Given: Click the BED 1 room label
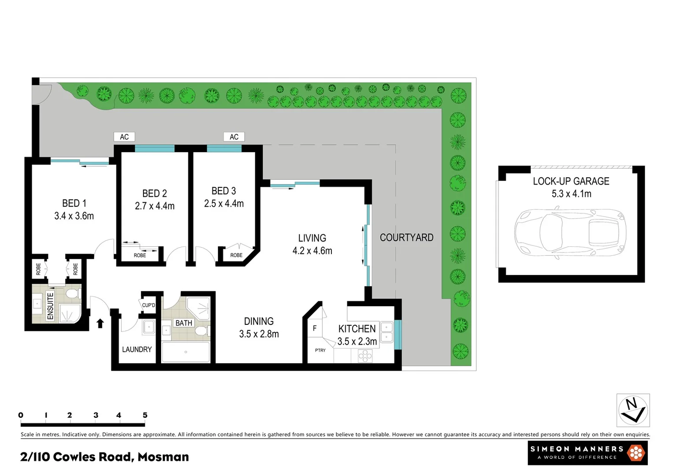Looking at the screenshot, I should tap(74, 203).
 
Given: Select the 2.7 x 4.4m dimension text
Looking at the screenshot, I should tap(154, 206).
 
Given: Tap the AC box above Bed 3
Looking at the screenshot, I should tap(234, 137).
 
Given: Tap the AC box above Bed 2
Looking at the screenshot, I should tap(124, 137).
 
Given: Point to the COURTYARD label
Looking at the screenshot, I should tap(406, 238).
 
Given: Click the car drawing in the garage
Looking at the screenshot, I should tap(570, 234).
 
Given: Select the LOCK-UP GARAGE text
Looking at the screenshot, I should tap(571, 181).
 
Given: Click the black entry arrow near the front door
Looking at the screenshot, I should tap(100, 324).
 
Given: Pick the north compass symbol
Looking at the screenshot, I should tap(633, 410).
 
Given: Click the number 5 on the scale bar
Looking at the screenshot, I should tap(145, 415).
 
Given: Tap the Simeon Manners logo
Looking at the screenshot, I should tap(587, 453).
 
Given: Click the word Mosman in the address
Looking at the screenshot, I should tap(163, 457).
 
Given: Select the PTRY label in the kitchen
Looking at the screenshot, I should tap(320, 350).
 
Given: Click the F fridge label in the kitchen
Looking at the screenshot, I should tap(314, 328).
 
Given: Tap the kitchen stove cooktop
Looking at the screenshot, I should tap(365, 355).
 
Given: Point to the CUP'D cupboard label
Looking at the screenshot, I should tap(148, 305).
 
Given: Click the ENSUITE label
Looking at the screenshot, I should tap(50, 306).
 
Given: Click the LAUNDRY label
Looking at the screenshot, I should tap(136, 350).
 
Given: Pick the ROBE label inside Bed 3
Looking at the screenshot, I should tap(236, 255).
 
